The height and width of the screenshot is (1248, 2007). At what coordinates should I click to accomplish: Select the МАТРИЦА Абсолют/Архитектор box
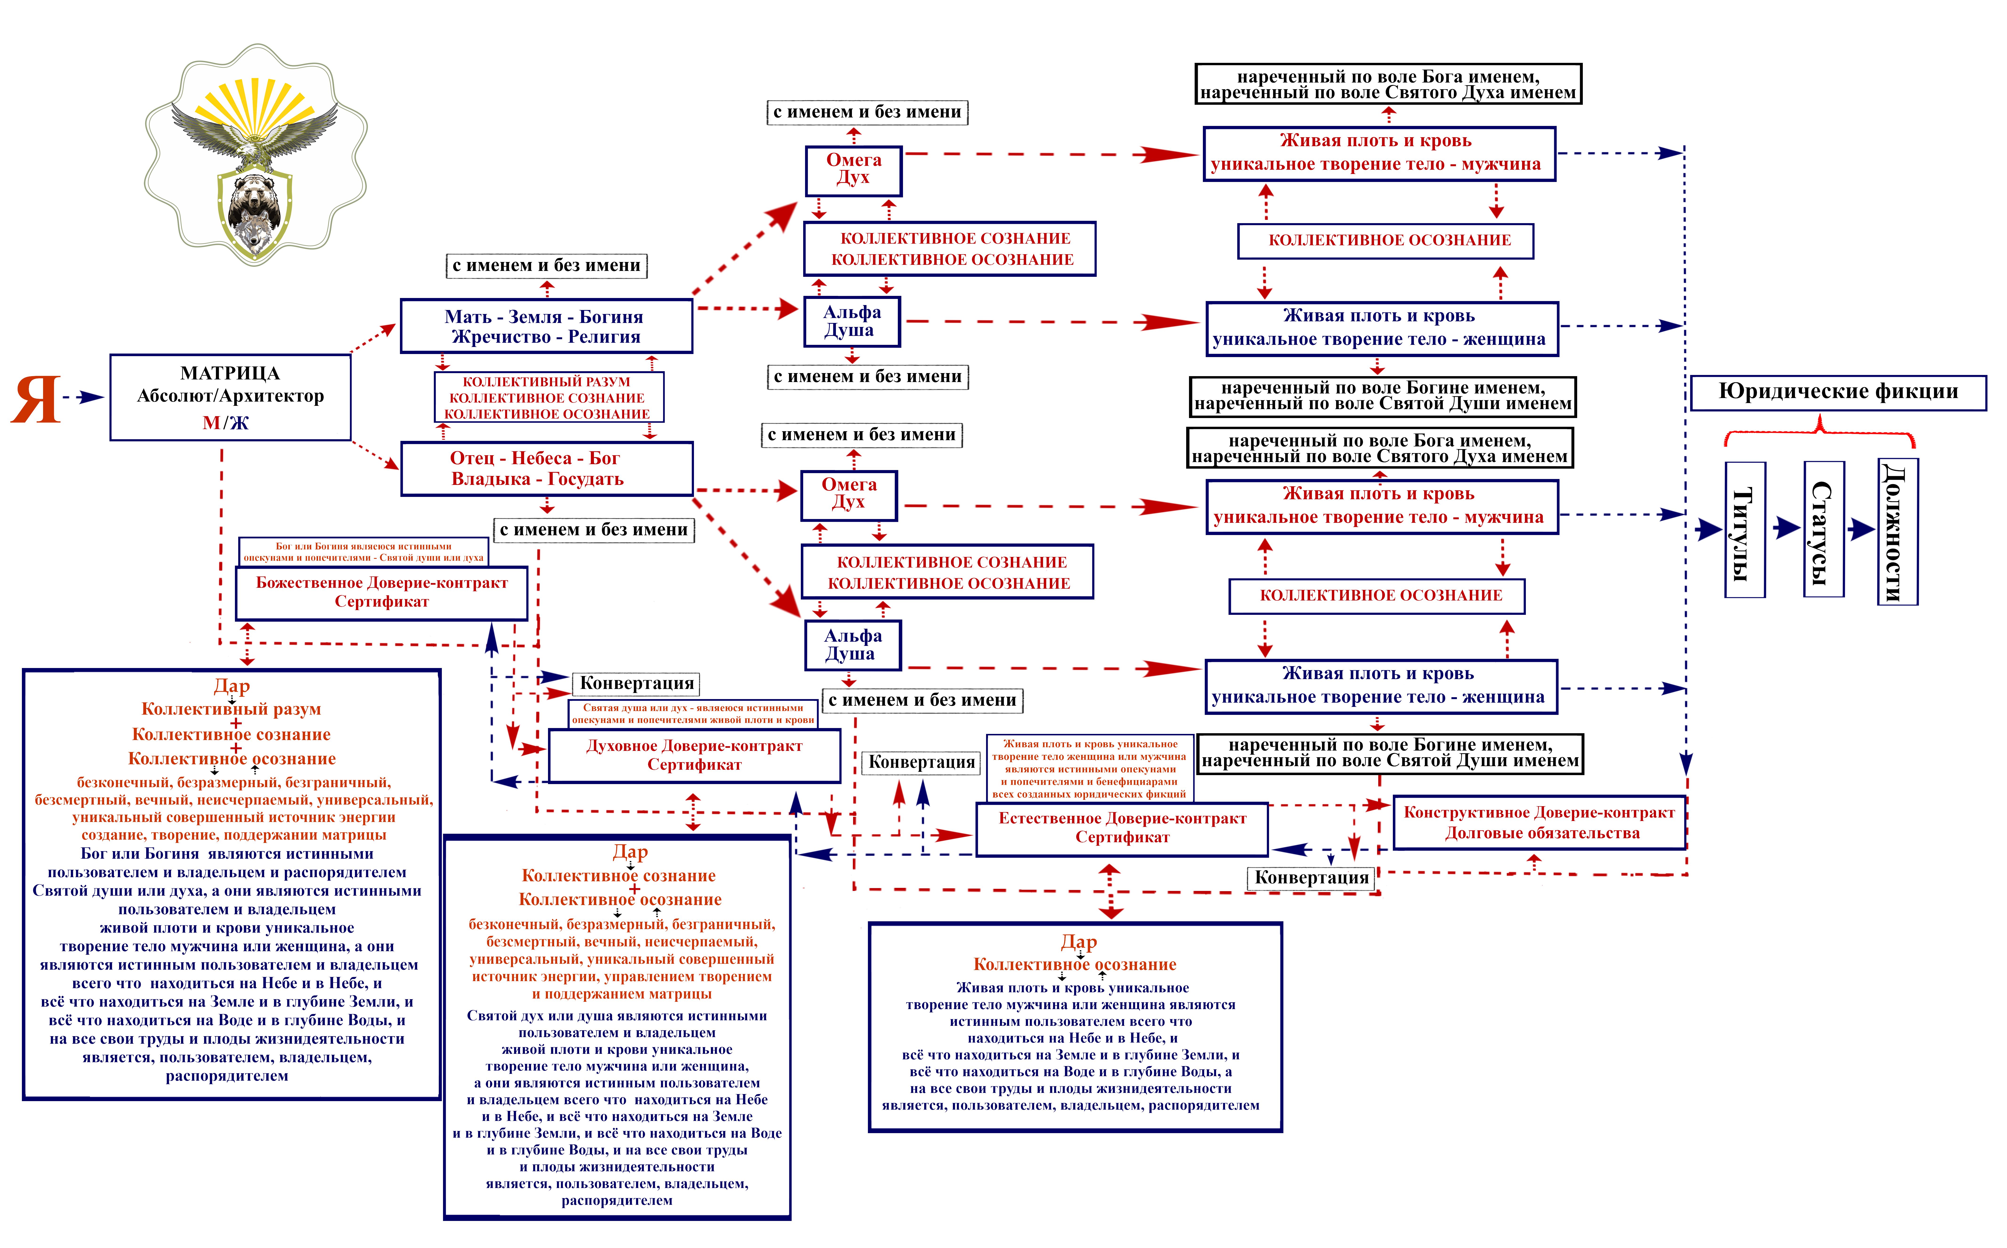(230, 397)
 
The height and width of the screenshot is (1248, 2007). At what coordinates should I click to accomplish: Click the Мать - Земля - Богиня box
(545, 326)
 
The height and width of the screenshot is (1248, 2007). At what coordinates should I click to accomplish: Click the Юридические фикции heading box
(1838, 392)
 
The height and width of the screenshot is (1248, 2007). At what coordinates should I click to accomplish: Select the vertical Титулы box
(1745, 530)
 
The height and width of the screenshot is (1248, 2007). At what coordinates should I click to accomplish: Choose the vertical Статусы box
(1824, 530)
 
